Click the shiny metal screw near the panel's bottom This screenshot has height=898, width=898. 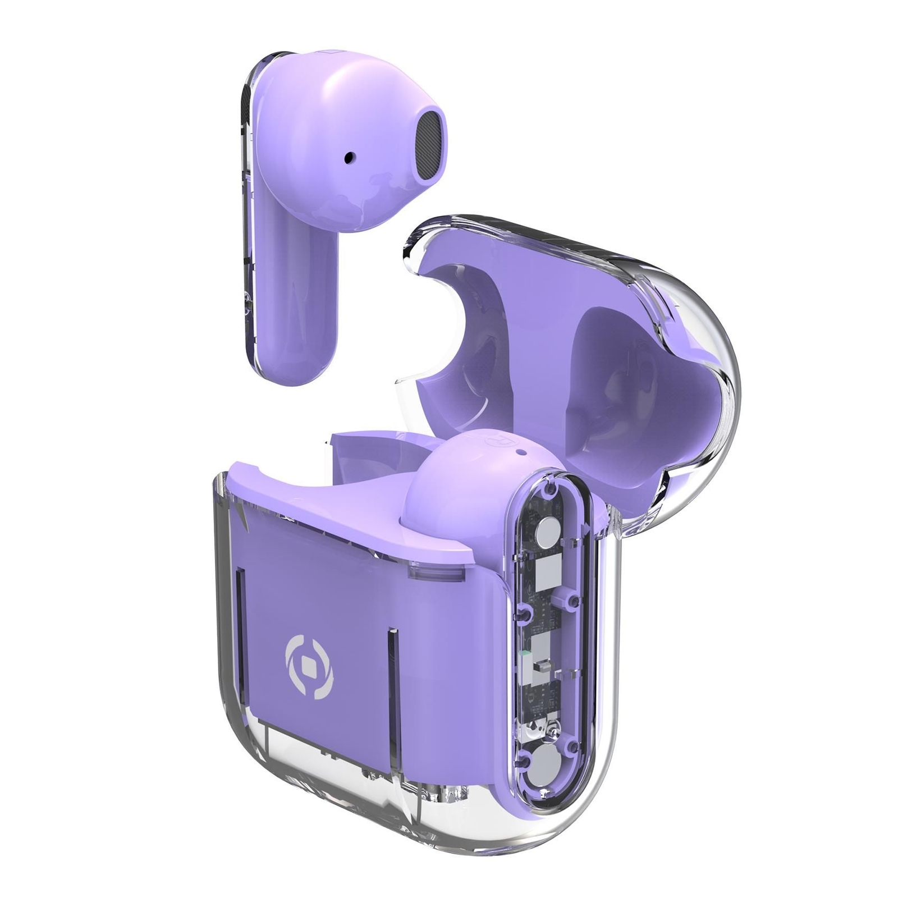point(553,728)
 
